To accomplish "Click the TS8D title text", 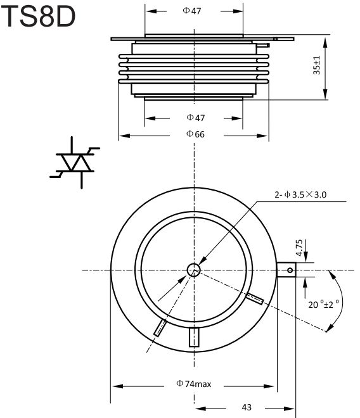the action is (38, 16).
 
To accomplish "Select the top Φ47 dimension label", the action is (192, 11).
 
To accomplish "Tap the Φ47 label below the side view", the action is (196, 118).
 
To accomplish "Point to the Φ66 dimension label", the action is (195, 134).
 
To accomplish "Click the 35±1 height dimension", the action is (316, 65).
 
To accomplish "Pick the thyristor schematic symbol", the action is (75, 163).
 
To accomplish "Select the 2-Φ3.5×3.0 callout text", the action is (300, 194).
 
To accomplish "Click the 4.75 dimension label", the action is (299, 248).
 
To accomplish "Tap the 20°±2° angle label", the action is (324, 304).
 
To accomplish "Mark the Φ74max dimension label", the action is (194, 384).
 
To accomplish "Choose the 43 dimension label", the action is (247, 407).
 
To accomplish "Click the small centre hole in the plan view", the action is (194, 270).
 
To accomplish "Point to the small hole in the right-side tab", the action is (290, 270).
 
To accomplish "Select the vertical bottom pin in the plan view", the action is (194, 337).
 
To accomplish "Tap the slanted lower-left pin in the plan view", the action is (160, 328).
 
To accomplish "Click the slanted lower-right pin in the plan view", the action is (255, 298).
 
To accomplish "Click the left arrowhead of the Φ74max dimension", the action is (118, 386).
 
